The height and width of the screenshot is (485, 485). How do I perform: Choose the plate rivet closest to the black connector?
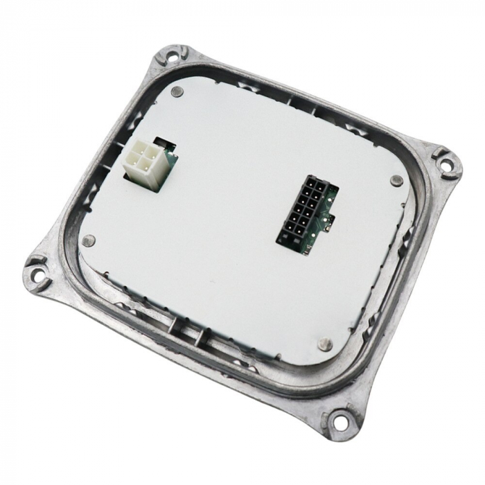396,181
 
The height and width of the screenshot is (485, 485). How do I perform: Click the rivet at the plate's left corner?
88,240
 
